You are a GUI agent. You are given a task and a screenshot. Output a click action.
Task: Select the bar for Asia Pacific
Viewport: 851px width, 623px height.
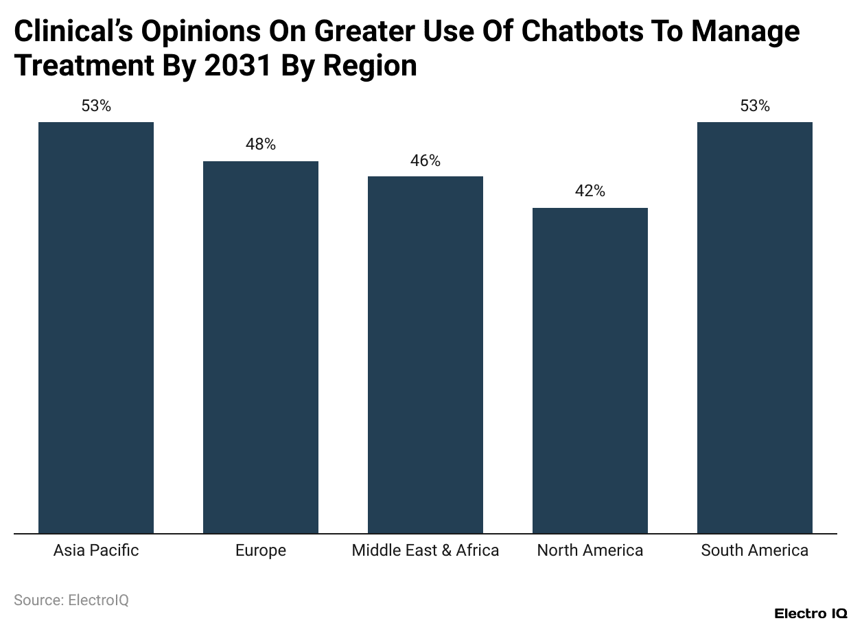click(x=96, y=327)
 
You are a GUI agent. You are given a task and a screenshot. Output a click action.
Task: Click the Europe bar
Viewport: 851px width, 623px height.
click(x=261, y=347)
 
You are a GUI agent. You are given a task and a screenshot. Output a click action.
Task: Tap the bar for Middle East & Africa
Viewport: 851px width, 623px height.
click(x=425, y=355)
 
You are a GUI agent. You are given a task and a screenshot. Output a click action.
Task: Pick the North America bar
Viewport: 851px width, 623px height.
click(x=590, y=371)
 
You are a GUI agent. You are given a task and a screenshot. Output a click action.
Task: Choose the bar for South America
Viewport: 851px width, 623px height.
click(x=755, y=327)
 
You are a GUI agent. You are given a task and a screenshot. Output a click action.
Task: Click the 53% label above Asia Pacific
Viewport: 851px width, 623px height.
click(x=96, y=106)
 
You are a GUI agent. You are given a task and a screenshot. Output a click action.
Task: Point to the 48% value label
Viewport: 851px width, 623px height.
click(x=261, y=145)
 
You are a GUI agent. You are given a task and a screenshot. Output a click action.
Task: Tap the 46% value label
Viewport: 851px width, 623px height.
click(x=425, y=161)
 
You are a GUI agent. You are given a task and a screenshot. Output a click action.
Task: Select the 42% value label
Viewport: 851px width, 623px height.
click(x=590, y=191)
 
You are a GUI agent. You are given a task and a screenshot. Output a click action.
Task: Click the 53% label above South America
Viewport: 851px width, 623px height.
click(x=755, y=106)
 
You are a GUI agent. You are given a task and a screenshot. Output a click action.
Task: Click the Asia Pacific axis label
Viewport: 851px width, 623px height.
click(x=96, y=550)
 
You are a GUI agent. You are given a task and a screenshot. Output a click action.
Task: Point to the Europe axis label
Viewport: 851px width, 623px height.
click(x=261, y=550)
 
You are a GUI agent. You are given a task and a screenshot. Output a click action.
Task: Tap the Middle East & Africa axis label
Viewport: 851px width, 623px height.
click(x=425, y=550)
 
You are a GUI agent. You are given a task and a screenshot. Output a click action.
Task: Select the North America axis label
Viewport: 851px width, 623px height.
click(x=590, y=550)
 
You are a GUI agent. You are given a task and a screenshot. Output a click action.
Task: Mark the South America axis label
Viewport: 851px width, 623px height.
click(x=755, y=550)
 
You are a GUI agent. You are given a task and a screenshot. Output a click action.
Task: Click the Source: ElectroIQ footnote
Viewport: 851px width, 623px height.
click(x=71, y=600)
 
